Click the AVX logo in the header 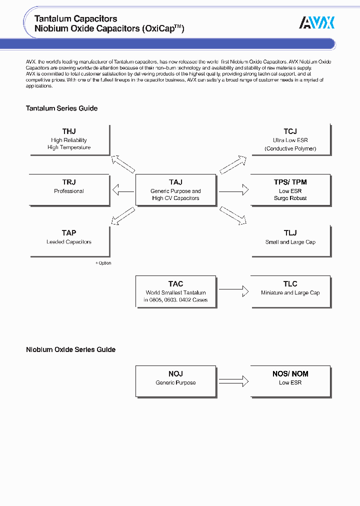pyautogui.click(x=316, y=22)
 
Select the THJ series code pyautogui.click(x=69, y=131)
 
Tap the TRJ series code pyautogui.click(x=69, y=182)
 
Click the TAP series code pyautogui.click(x=69, y=233)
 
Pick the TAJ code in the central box pyautogui.click(x=175, y=182)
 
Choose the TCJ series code pyautogui.click(x=290, y=131)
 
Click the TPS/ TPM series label pyautogui.click(x=290, y=182)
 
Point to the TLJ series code pyautogui.click(x=290, y=233)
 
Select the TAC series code pyautogui.click(x=175, y=284)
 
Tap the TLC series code pyautogui.click(x=290, y=284)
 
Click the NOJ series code pyautogui.click(x=175, y=374)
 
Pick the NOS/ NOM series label pyautogui.click(x=290, y=374)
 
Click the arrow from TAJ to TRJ pyautogui.click(x=123, y=190)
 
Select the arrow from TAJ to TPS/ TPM pyautogui.click(x=233, y=190)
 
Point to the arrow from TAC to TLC pyautogui.click(x=233, y=290)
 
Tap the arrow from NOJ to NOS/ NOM pyautogui.click(x=233, y=381)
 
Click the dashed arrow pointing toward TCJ pyautogui.click(x=233, y=163)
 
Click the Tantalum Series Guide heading pyautogui.click(x=61, y=108)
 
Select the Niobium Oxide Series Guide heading pyautogui.click(x=70, y=350)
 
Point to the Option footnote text pyautogui.click(x=104, y=263)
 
